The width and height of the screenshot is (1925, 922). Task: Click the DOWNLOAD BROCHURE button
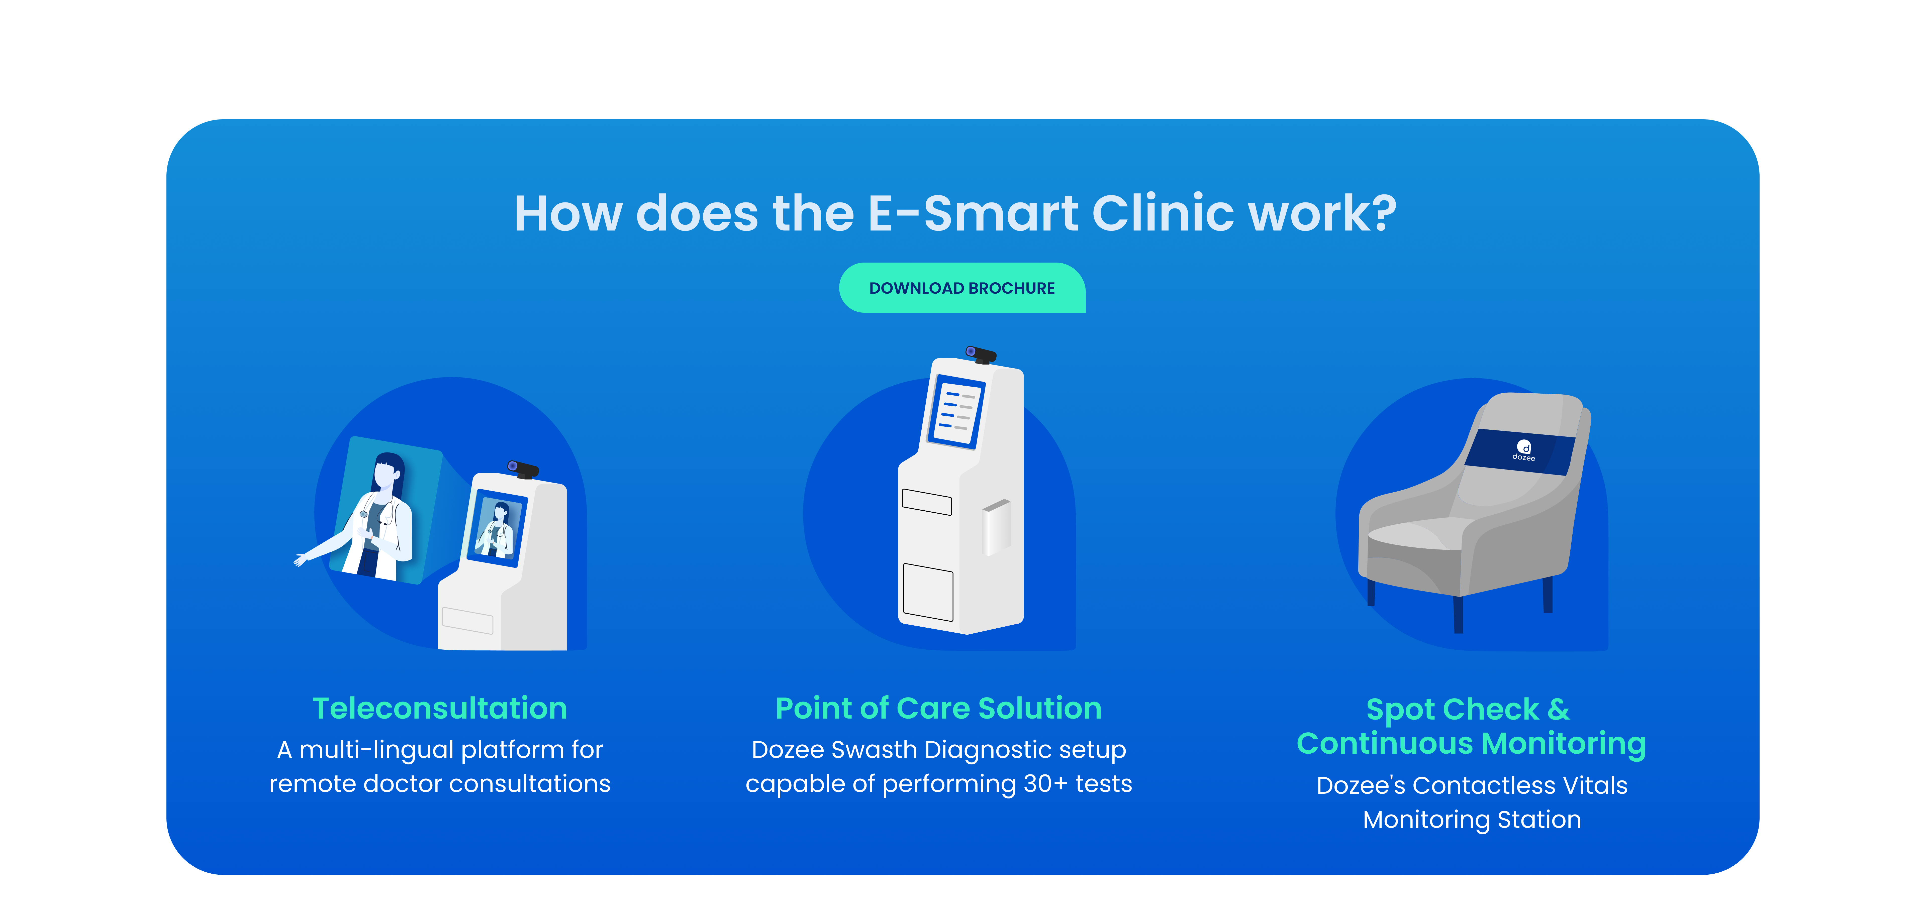click(x=962, y=288)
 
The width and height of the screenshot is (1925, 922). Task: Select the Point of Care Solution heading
click(x=939, y=708)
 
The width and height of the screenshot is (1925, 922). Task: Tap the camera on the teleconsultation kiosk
click(x=523, y=469)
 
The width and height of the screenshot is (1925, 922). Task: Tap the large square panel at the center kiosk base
click(x=928, y=593)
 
